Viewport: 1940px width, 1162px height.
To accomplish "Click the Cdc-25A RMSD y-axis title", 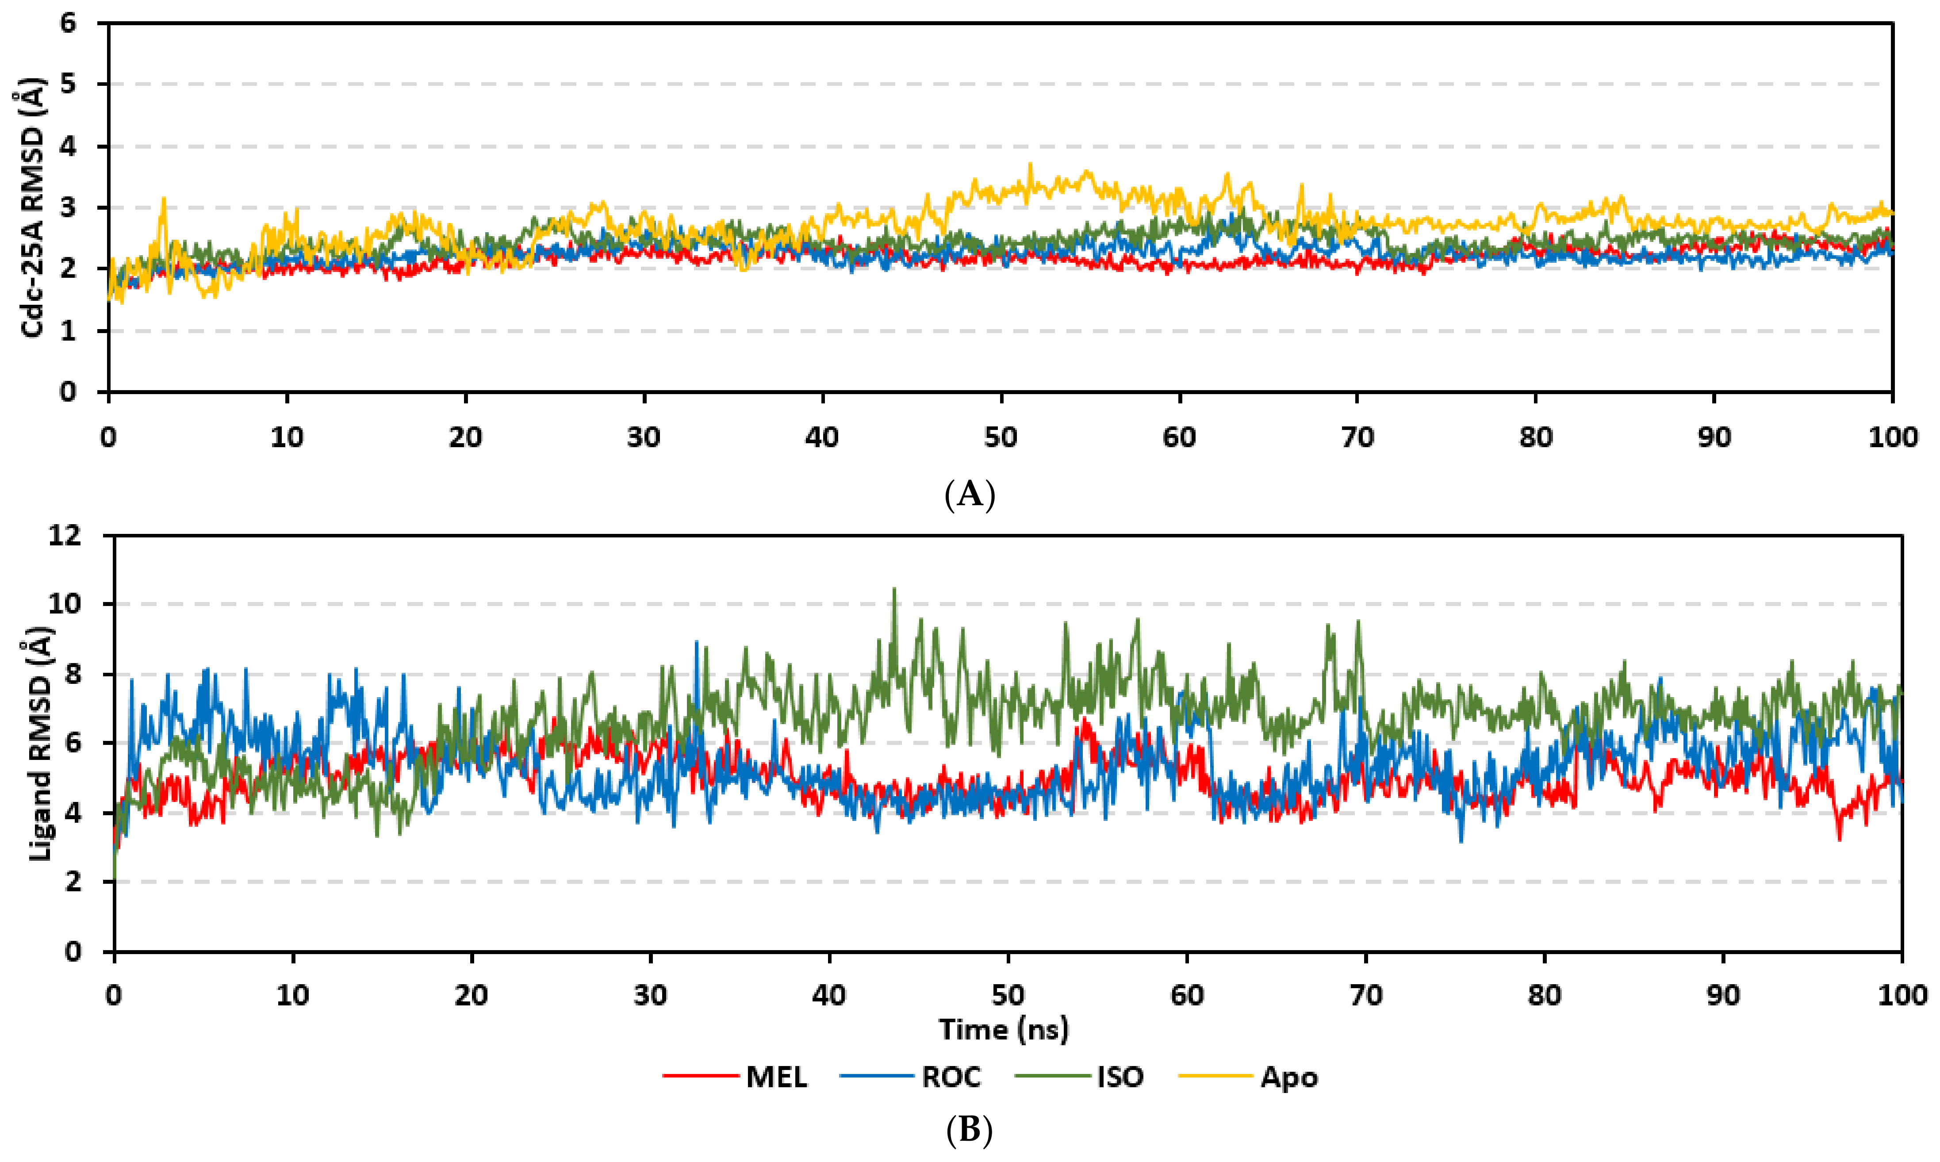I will [32, 207].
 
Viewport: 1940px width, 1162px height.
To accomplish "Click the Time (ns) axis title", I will [1004, 1029].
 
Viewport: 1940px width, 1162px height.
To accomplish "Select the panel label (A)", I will [970, 495].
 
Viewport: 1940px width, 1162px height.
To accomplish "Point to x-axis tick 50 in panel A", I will [1001, 437].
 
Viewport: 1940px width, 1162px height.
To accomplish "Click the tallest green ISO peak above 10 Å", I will [894, 591].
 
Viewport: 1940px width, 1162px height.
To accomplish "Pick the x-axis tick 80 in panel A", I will [1536, 437].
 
